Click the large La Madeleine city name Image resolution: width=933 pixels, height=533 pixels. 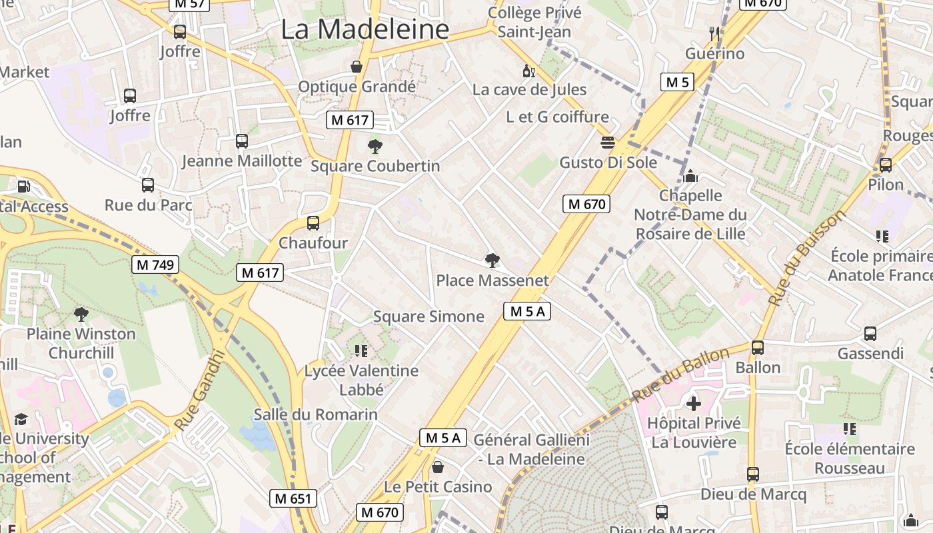(x=365, y=29)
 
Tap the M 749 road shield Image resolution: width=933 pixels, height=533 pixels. (x=155, y=265)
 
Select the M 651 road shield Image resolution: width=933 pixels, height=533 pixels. (x=294, y=498)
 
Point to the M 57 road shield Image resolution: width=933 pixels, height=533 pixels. (x=189, y=4)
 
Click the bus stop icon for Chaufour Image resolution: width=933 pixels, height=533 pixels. (x=313, y=223)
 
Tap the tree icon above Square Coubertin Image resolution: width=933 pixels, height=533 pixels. (x=375, y=146)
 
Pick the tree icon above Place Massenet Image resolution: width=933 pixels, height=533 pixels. (x=492, y=261)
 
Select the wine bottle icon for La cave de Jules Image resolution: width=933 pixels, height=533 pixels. (x=529, y=71)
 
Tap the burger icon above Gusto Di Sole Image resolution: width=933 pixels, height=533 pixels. (x=608, y=143)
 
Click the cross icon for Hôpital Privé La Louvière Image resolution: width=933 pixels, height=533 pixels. (x=694, y=403)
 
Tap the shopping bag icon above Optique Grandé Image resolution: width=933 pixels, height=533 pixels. (x=357, y=67)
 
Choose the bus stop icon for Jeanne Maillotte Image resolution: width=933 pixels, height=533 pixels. (x=242, y=141)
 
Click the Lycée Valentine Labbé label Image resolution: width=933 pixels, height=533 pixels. (x=361, y=380)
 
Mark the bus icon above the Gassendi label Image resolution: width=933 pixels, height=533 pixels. (x=870, y=334)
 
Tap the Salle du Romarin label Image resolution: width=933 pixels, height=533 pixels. (x=315, y=415)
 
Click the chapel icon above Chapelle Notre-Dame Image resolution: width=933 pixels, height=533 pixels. (x=690, y=176)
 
